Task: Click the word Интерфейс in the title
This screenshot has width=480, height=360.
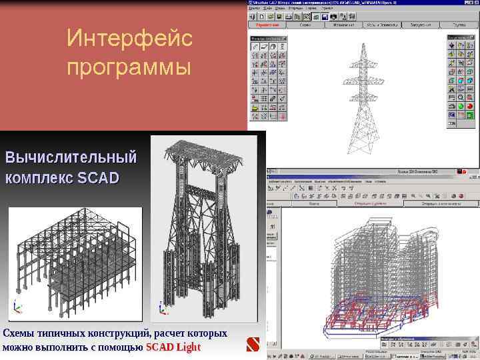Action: pyautogui.click(x=129, y=39)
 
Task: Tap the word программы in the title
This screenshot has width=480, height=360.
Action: pyautogui.click(x=129, y=68)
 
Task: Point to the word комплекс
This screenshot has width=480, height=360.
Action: pyautogui.click(x=39, y=178)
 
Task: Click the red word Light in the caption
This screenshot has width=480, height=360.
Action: pyautogui.click(x=187, y=347)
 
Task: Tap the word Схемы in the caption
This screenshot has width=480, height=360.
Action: pyautogui.click(x=17, y=333)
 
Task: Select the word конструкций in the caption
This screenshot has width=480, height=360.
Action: pyautogui.click(x=116, y=333)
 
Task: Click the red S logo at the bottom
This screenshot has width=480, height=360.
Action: pyautogui.click(x=252, y=345)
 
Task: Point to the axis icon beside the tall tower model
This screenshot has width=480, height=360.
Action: pyautogui.click(x=162, y=308)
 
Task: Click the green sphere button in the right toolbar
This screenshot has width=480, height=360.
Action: pyautogui.click(x=461, y=105)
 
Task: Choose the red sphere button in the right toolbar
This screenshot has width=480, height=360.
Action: pyautogui.click(x=470, y=105)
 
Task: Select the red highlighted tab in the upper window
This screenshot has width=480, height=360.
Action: pyautogui.click(x=267, y=25)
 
